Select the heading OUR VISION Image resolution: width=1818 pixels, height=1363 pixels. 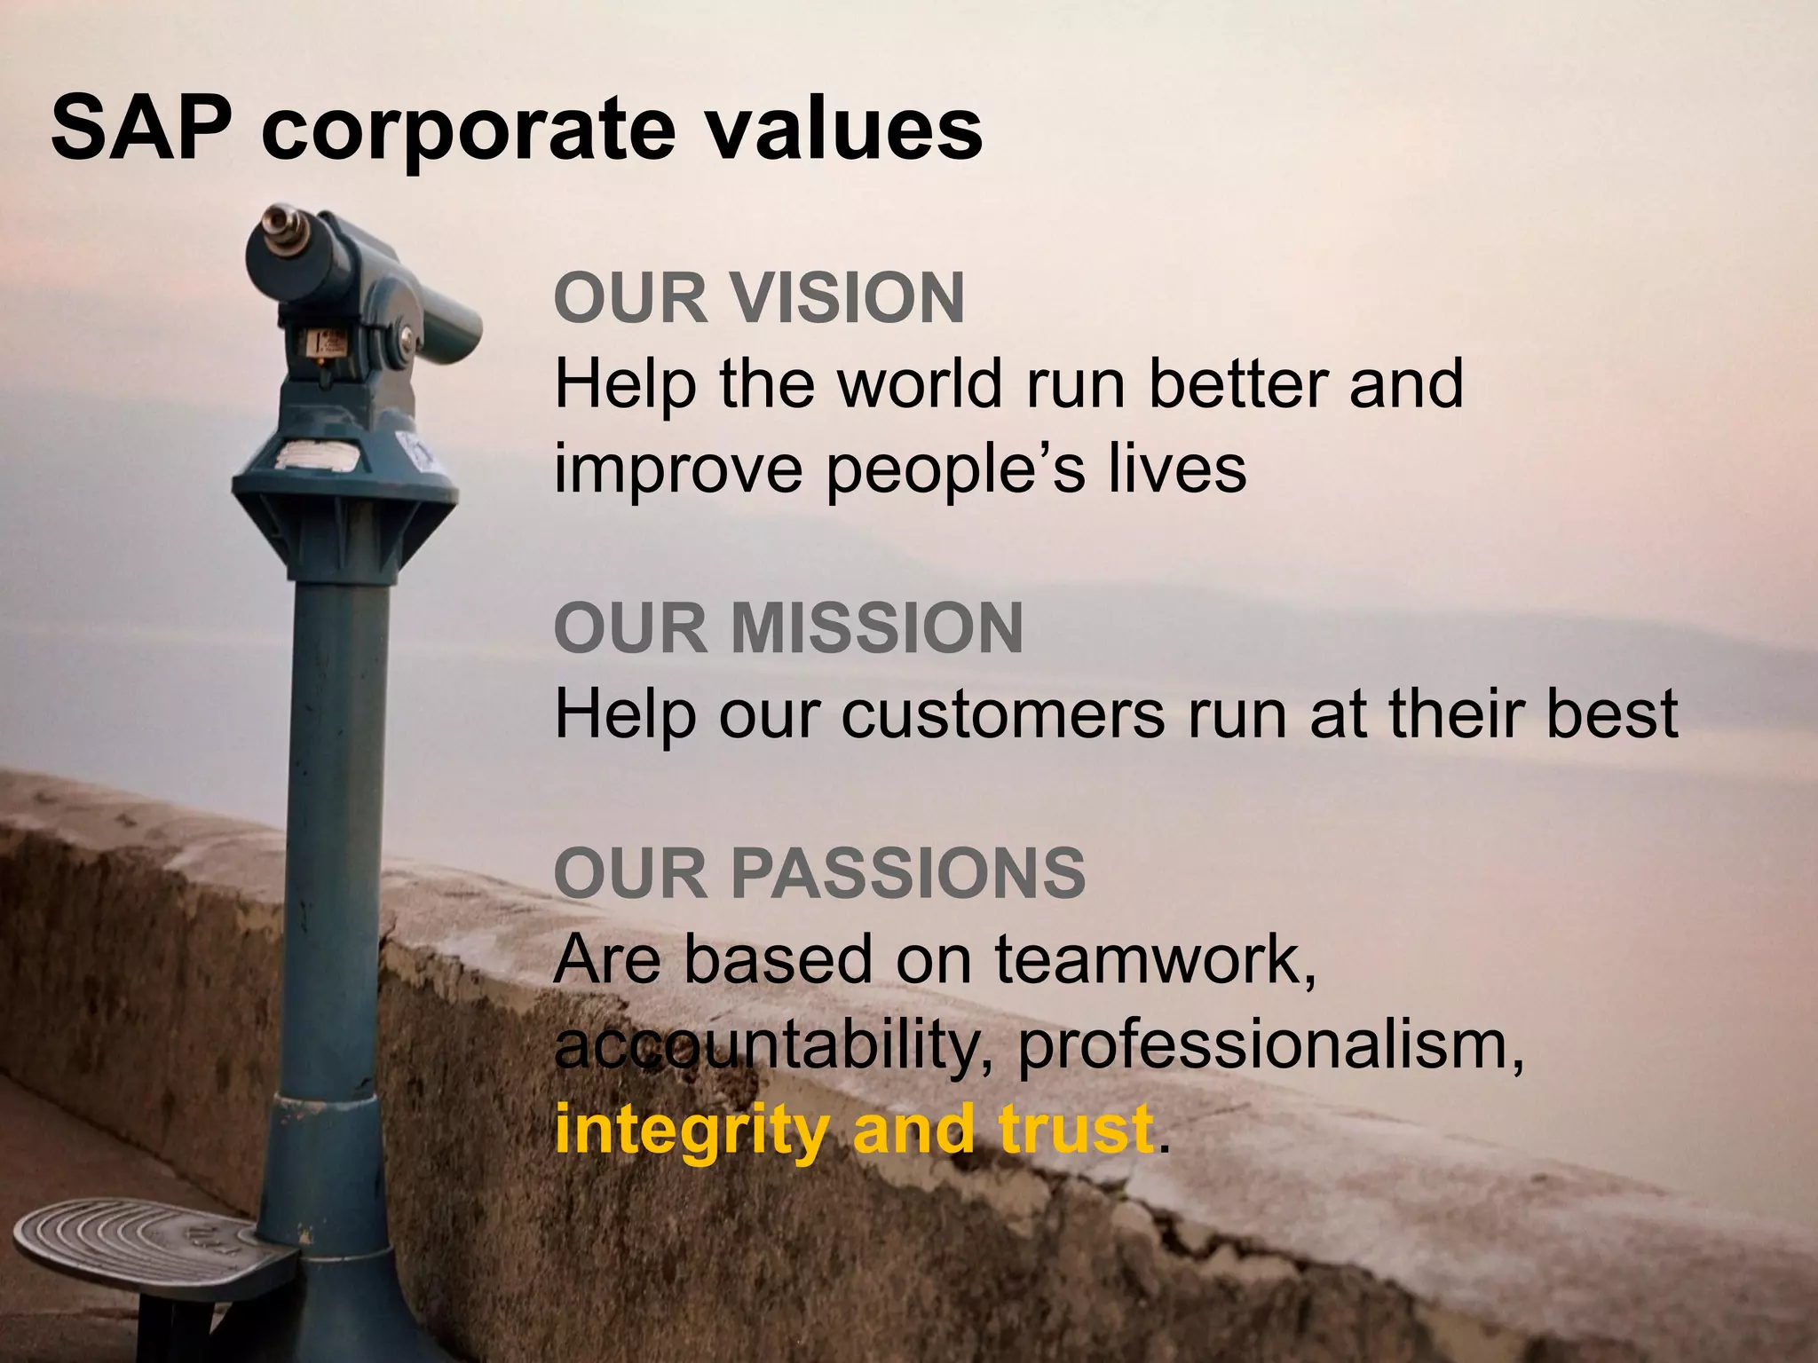tap(759, 298)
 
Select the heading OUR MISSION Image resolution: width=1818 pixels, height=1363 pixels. tap(788, 628)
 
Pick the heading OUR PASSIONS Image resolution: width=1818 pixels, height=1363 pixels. tap(819, 873)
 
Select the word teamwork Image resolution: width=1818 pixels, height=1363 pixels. tap(1155, 960)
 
